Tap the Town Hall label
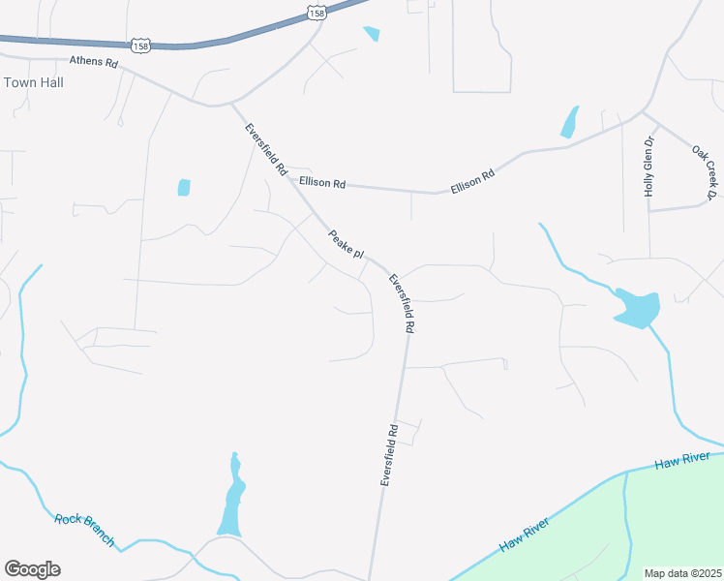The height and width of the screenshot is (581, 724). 34,83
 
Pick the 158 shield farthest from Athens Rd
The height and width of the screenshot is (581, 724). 317,13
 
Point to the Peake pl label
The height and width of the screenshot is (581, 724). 345,244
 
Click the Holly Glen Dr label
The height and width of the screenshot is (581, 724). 649,167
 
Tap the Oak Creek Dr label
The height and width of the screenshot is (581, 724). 703,173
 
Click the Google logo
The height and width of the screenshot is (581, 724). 32,569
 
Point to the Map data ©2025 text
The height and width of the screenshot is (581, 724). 683,573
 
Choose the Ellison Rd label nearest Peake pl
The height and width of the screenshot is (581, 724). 322,182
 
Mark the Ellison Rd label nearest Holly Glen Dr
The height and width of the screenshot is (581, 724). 472,180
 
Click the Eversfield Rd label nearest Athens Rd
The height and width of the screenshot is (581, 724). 266,149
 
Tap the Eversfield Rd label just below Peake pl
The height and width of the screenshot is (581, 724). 401,304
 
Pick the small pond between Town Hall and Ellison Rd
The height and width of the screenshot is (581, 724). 184,188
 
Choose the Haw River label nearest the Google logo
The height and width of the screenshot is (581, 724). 524,535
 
